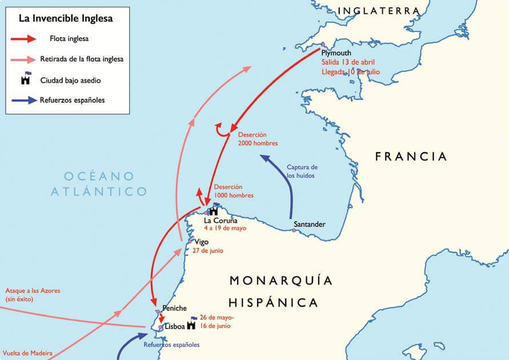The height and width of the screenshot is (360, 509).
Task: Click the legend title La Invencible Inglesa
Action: pos(66,18)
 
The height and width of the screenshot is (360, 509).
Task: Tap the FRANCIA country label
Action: pos(411,157)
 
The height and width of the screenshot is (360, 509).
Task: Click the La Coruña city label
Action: pos(221,220)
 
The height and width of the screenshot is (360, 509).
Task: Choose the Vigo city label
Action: pos(202,242)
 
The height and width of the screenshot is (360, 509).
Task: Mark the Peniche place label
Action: pos(174,308)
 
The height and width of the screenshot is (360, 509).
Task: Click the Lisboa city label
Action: pos(174,327)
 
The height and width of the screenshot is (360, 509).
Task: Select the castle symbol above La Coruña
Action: pos(214,209)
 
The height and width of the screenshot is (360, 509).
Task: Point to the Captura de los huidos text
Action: pos(302,171)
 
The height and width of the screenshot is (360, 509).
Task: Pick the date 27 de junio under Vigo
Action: pos(208,251)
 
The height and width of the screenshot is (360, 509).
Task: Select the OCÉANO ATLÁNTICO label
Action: pos(99,183)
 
